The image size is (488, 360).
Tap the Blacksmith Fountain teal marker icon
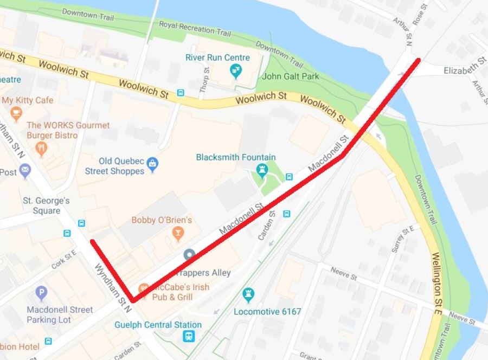[263, 171]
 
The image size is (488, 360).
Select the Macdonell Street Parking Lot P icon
[41, 294]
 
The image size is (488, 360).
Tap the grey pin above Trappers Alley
[189, 254]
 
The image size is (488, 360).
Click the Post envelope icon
[25, 172]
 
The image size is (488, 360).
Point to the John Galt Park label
[291, 76]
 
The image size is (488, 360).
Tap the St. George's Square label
[46, 205]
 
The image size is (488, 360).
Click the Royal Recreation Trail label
[195, 28]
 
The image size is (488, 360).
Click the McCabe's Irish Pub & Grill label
[174, 292]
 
